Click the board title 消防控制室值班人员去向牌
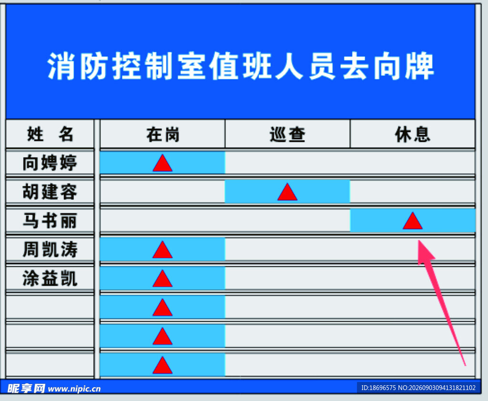point(240,66)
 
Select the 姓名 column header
point(50,134)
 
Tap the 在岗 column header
point(163,134)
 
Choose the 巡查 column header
point(287,134)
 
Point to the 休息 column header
point(413,134)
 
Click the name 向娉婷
point(50,163)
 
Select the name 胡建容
point(50,192)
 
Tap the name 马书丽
point(50,220)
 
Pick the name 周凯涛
point(50,249)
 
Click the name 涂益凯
point(50,278)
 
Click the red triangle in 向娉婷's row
point(163,163)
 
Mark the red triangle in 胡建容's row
point(287,192)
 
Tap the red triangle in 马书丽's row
point(413,221)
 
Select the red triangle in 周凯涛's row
point(163,250)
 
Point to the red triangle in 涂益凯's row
point(163,278)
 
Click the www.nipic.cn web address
point(74,389)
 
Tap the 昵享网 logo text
point(26,389)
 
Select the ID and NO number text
point(418,388)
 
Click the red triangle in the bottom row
point(163,366)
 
